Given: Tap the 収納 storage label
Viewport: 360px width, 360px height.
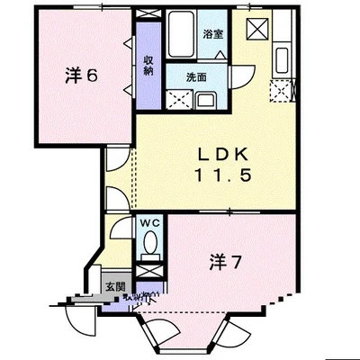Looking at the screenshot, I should [149, 56].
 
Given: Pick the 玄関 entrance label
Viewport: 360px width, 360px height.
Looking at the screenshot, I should [115, 286].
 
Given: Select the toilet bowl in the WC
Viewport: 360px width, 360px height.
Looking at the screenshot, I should [149, 243].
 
